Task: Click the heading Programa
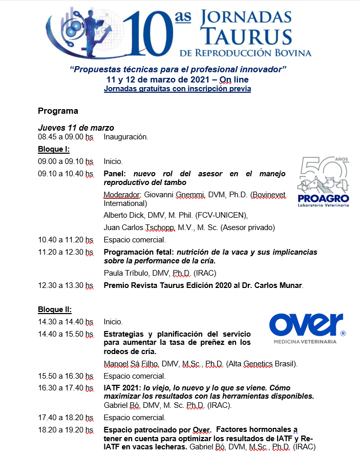click(x=58, y=111)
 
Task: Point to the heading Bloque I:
click(x=53, y=149)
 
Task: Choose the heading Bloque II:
click(x=54, y=309)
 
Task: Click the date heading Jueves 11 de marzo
click(x=76, y=128)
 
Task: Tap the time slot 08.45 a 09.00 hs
click(x=66, y=137)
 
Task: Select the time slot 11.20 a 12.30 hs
click(x=66, y=252)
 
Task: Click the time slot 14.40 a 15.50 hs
click(x=66, y=334)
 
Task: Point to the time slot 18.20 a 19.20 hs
click(x=66, y=429)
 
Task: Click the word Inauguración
click(x=125, y=137)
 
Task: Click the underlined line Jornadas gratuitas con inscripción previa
click(x=177, y=89)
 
